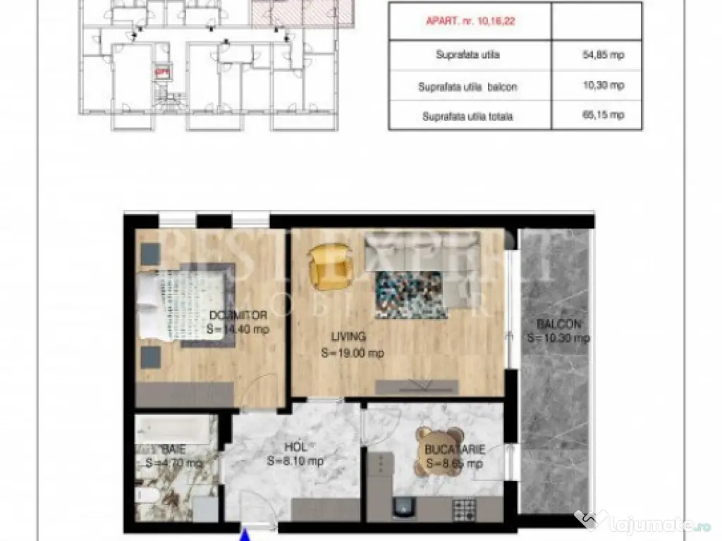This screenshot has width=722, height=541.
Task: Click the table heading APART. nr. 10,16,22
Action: tap(470, 22)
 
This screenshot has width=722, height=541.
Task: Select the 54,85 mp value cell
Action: tap(603, 54)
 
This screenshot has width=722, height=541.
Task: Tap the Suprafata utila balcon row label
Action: tap(467, 87)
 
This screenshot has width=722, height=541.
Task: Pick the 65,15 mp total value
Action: tap(603, 116)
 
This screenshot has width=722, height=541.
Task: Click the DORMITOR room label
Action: tap(238, 316)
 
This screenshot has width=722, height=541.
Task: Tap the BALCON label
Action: tap(558, 325)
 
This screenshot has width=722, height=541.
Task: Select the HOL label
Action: tap(295, 447)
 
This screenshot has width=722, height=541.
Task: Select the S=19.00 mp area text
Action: tap(352, 353)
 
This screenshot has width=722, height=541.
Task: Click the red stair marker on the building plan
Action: tap(162, 70)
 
